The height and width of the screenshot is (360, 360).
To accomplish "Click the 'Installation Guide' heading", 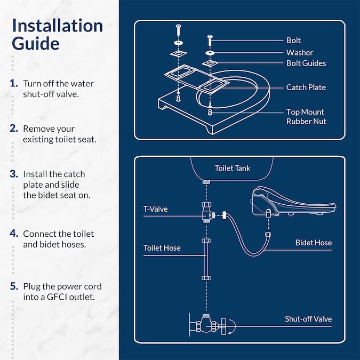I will pyautogui.click(x=57, y=34).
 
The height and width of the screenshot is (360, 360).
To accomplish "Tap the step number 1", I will pyautogui.click(x=14, y=84).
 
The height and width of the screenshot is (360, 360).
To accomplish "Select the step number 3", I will pyautogui.click(x=14, y=174).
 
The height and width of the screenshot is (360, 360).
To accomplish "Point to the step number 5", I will pyautogui.click(x=14, y=286).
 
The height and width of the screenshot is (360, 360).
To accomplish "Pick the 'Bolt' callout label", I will pyautogui.click(x=293, y=41).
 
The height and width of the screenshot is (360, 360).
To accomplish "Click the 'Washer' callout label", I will pyautogui.click(x=299, y=52).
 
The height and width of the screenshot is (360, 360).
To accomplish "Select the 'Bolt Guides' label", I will pyautogui.click(x=306, y=63).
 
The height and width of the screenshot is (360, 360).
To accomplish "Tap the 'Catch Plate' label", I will pyautogui.click(x=306, y=87).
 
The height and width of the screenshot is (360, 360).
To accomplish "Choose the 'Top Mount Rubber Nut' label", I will pyautogui.click(x=306, y=117).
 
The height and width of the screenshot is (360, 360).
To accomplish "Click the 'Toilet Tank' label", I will pyautogui.click(x=233, y=168).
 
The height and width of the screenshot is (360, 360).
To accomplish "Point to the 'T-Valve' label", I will pyautogui.click(x=155, y=209).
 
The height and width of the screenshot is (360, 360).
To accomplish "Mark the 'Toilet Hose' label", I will pyautogui.click(x=162, y=248).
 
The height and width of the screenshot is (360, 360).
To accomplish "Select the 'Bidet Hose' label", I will pyautogui.click(x=314, y=243).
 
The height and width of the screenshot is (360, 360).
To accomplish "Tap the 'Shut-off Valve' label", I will pyautogui.click(x=308, y=319).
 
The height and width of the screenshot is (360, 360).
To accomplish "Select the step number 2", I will pyautogui.click(x=14, y=129).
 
